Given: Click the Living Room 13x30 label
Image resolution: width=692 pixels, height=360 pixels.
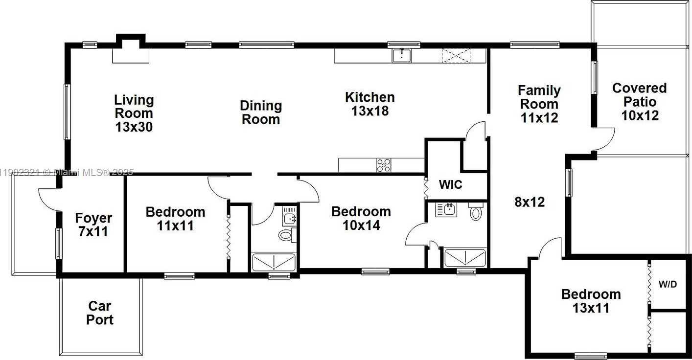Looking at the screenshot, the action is click(x=134, y=113).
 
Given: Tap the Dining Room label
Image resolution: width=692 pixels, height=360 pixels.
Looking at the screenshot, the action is click(x=261, y=112).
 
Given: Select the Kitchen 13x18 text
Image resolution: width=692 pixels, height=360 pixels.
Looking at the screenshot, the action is click(x=370, y=104).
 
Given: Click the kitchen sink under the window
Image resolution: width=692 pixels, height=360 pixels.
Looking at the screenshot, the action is click(x=402, y=56).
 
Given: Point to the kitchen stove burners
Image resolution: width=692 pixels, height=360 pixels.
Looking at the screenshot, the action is click(x=383, y=165).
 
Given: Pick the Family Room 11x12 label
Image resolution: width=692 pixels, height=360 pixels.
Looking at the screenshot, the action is click(x=539, y=104).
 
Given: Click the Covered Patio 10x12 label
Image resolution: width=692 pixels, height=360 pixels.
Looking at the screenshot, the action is click(x=640, y=102).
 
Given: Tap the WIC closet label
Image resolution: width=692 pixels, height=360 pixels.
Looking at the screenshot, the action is click(x=450, y=184).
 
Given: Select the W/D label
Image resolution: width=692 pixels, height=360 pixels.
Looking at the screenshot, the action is click(x=668, y=284).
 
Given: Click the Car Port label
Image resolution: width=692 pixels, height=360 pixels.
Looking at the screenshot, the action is click(x=99, y=313).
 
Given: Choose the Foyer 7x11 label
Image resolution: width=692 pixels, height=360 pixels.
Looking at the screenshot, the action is click(x=93, y=225).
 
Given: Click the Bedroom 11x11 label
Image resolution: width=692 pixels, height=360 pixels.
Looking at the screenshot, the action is click(x=175, y=219).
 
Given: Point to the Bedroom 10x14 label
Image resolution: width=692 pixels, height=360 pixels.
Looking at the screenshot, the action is click(x=361, y=218).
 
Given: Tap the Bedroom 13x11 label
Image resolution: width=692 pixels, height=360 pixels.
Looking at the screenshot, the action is click(x=591, y=301).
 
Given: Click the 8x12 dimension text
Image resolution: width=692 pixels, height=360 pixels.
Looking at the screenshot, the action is click(x=530, y=202).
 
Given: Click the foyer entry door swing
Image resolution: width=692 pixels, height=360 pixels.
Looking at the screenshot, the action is click(x=49, y=200).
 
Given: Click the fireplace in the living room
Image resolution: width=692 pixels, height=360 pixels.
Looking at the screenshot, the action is click(x=131, y=49).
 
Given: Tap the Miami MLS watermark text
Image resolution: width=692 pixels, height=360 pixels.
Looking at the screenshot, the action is click(x=67, y=172).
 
